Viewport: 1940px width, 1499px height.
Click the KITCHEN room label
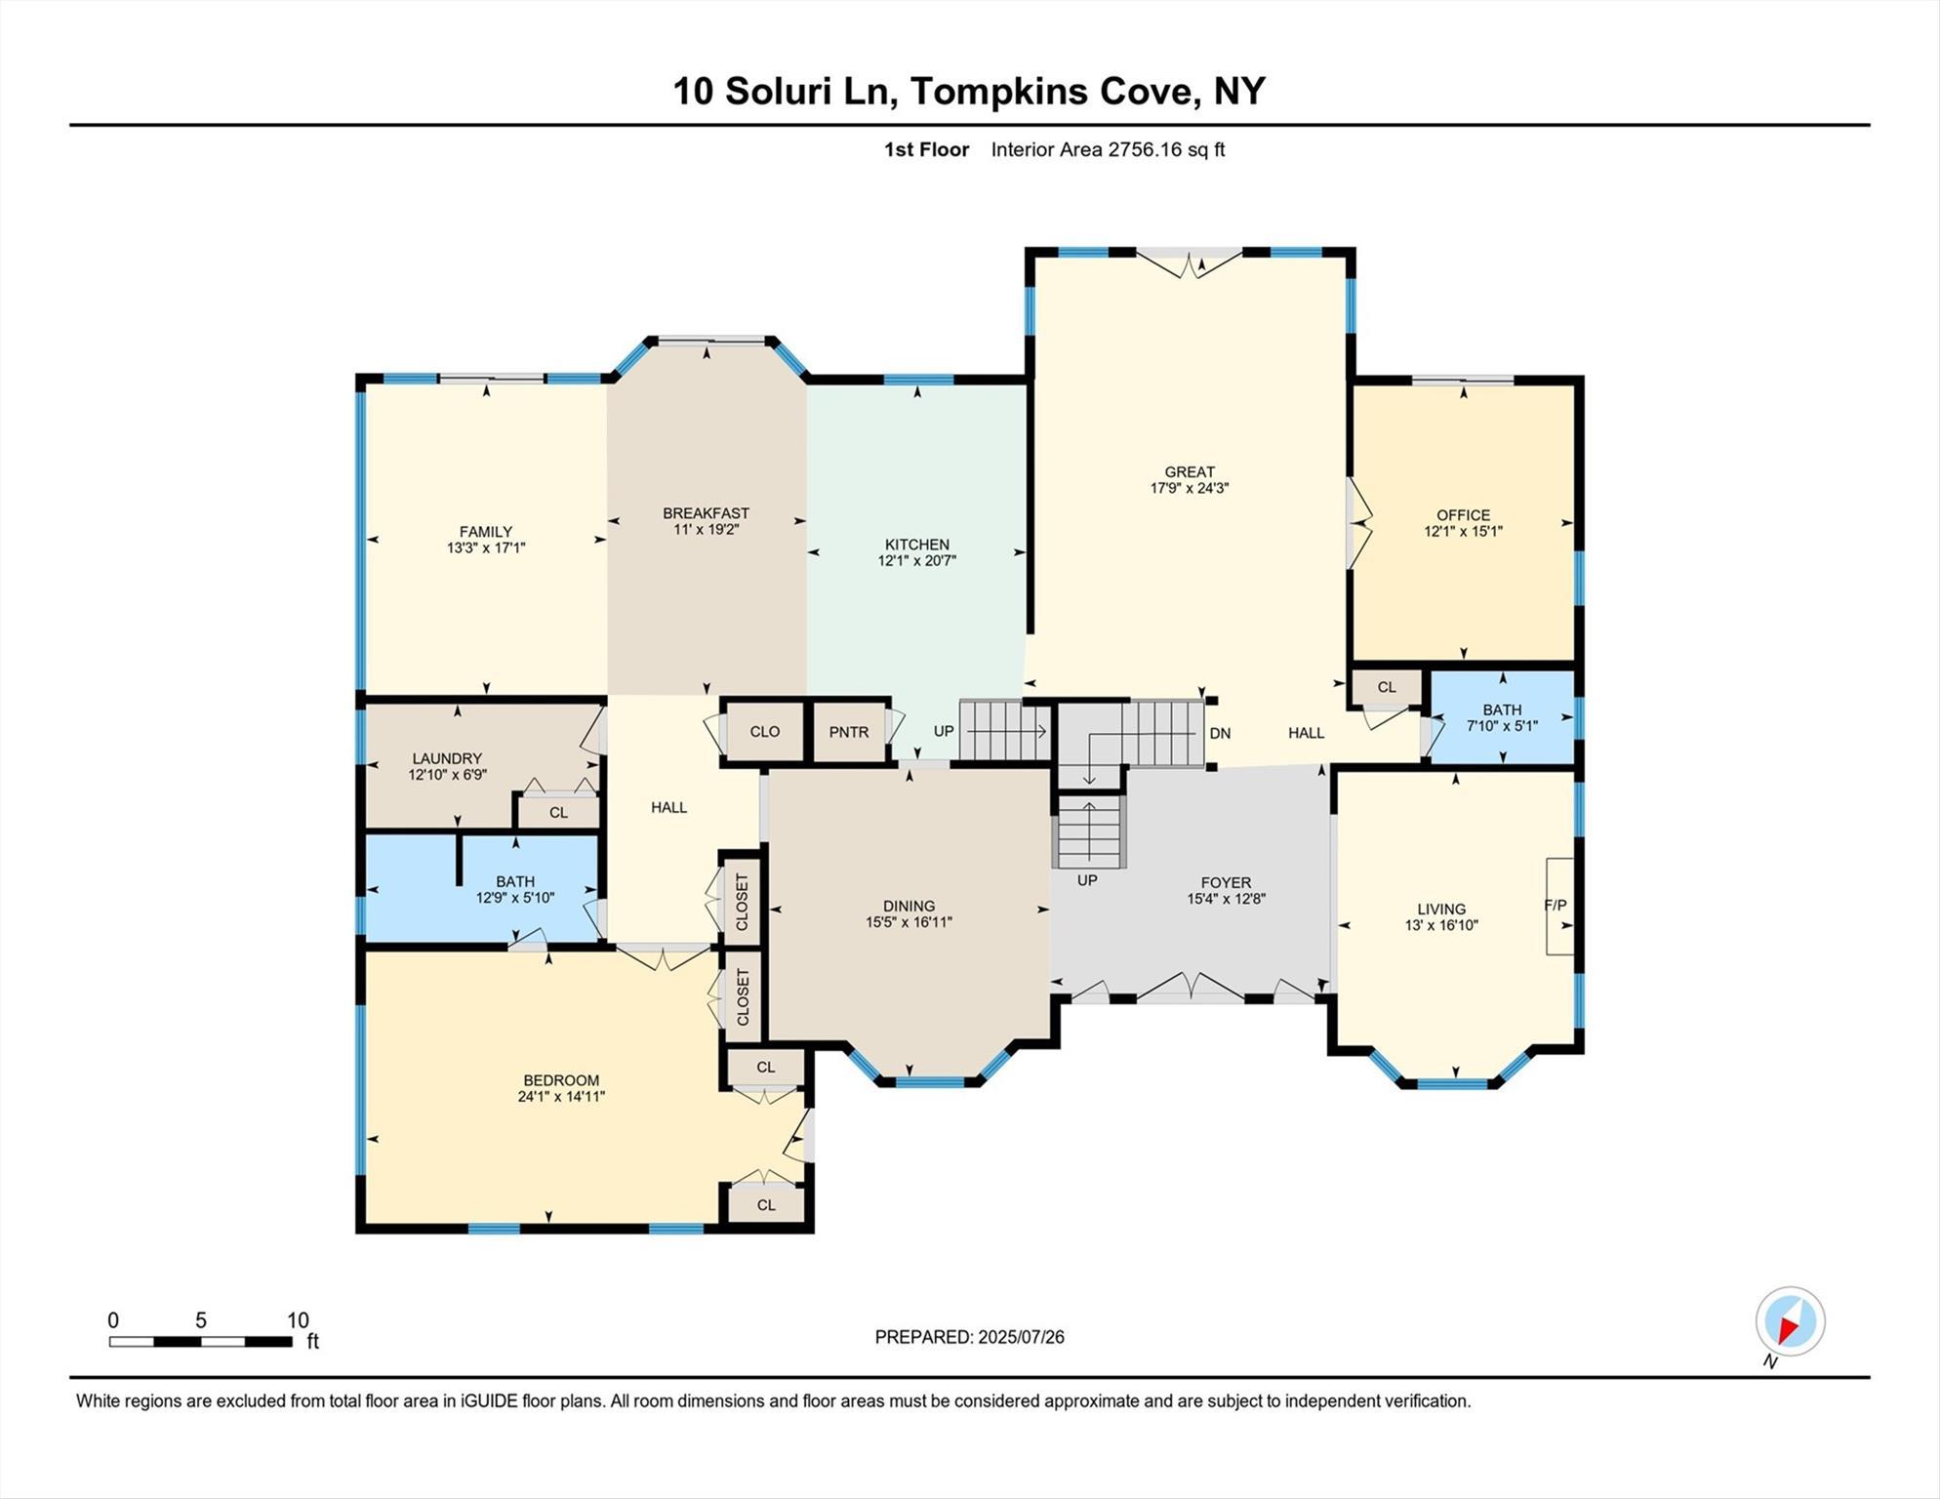(x=916, y=545)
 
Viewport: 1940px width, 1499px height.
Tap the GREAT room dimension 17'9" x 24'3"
(x=1189, y=488)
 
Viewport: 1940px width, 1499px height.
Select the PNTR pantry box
(x=848, y=732)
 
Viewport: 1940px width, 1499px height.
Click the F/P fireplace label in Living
(x=1556, y=906)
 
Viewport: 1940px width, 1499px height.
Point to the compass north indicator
(x=1790, y=1323)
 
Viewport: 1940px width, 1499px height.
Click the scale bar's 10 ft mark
(x=297, y=1321)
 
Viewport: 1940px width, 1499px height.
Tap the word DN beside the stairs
(x=1220, y=734)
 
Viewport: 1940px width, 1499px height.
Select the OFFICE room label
(x=1463, y=515)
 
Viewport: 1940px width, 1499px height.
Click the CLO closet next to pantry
(x=764, y=732)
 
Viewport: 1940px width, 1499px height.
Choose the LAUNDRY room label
(x=447, y=758)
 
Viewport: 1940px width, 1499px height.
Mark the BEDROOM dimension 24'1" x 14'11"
(x=561, y=1097)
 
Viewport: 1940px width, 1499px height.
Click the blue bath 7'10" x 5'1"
(x=1502, y=718)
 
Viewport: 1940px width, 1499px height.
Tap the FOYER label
(x=1226, y=882)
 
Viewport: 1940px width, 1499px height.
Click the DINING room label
(x=909, y=906)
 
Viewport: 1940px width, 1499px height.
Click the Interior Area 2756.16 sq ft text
(x=1108, y=150)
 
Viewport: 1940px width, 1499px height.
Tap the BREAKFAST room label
(x=706, y=513)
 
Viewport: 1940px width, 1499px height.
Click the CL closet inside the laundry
(x=558, y=813)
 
